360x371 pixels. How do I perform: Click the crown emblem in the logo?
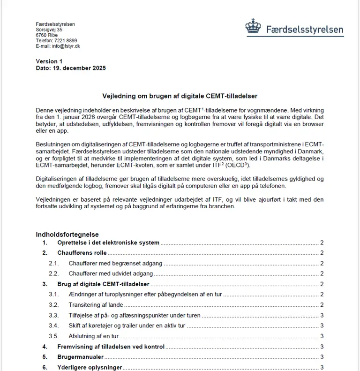(253, 26)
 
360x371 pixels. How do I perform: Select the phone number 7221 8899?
(66, 41)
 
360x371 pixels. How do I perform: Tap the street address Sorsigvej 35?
(49, 30)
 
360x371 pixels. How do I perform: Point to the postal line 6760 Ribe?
(47, 35)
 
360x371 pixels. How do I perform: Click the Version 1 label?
(49, 61)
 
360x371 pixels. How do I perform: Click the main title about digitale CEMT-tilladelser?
(180, 96)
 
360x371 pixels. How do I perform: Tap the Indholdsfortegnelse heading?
(67, 235)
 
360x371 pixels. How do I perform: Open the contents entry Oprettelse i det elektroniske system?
(108, 243)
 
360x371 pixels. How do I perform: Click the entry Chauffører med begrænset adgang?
(115, 264)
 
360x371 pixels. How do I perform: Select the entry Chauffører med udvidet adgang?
(111, 274)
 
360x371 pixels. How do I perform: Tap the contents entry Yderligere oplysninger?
(90, 367)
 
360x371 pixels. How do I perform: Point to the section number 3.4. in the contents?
(54, 326)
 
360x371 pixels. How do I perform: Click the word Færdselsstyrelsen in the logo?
(305, 30)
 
